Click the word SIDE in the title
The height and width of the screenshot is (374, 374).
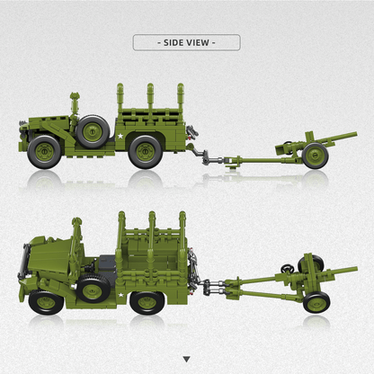pos(174,42)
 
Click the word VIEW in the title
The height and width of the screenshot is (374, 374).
pos(198,42)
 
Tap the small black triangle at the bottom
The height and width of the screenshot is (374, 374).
pos(187,359)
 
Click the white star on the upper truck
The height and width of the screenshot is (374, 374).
pos(120,137)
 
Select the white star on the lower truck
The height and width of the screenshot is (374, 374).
pos(120,295)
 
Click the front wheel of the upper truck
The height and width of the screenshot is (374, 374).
pos(44,152)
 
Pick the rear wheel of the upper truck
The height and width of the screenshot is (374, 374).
pos(146,152)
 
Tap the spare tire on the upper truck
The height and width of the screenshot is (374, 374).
pos(93,131)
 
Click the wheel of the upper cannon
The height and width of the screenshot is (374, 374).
pos(315,156)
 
